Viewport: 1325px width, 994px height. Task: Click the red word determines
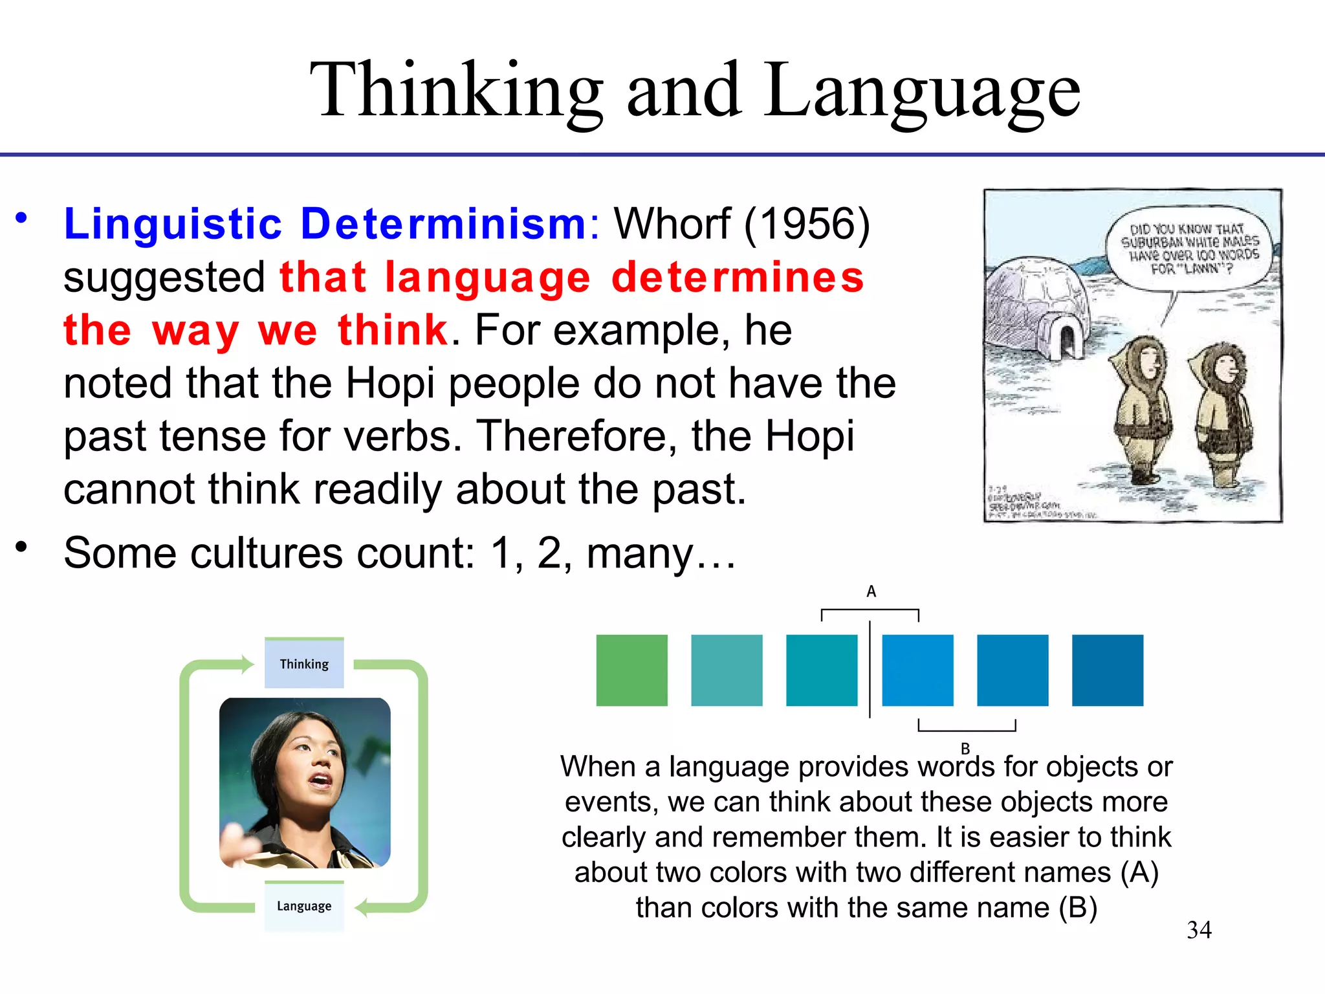click(738, 278)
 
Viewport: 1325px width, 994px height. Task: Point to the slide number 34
click(1199, 930)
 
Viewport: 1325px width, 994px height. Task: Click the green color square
click(631, 670)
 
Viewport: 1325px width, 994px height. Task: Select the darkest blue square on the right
click(1107, 670)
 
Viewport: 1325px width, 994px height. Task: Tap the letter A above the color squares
click(871, 591)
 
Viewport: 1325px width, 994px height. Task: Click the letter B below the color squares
click(965, 748)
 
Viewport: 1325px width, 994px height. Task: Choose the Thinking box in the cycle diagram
click(304, 664)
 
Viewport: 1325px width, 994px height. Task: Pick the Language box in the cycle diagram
click(304, 906)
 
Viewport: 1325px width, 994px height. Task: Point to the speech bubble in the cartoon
click(1189, 249)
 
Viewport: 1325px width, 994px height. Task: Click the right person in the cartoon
click(1221, 414)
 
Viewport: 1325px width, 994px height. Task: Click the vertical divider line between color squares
click(870, 670)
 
